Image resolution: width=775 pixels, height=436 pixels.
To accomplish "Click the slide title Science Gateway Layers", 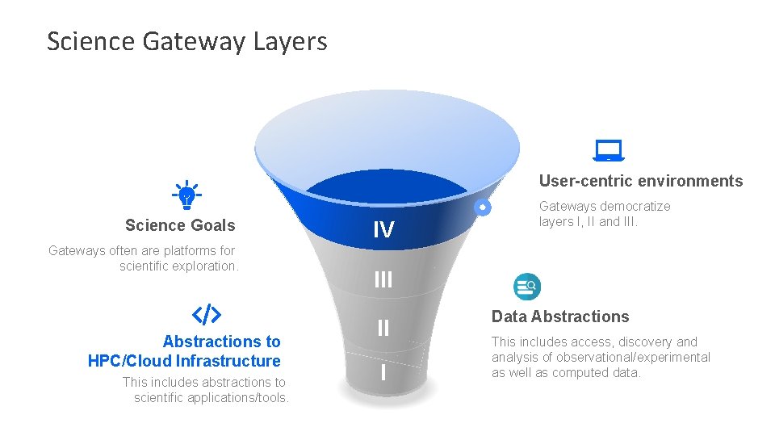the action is (186, 41).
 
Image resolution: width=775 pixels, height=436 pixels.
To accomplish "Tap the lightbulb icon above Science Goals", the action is (187, 195).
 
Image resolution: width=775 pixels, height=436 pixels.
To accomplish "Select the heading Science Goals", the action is (180, 225).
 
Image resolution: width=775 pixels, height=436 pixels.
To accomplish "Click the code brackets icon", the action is (206, 314).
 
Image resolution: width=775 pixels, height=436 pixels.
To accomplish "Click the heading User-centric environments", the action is (640, 181).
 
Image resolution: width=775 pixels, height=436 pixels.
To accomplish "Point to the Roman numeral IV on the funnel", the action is (383, 231).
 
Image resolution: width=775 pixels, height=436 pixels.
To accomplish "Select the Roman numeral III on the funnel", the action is (383, 279).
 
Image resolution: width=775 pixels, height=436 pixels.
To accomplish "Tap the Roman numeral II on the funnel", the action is (383, 328).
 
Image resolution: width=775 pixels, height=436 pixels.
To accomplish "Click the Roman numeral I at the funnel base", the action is (383, 373).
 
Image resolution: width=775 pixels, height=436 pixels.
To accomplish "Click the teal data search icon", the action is (527, 286).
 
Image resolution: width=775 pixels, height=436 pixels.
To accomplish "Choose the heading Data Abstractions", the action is (560, 317).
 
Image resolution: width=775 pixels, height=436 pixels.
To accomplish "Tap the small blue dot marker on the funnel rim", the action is (482, 208).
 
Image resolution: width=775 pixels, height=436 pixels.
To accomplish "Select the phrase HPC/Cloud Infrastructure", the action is (184, 361).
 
